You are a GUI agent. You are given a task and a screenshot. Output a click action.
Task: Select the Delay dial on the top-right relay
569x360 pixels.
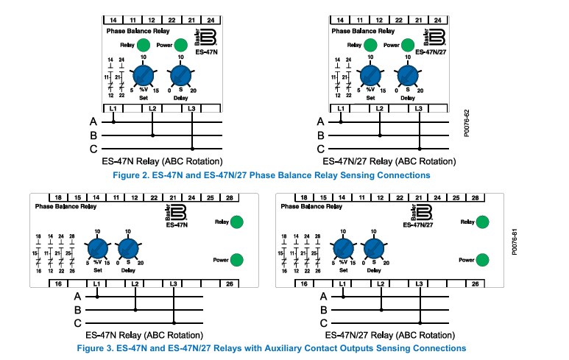(x=407, y=76)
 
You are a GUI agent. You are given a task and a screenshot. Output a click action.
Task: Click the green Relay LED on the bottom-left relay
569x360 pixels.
(x=237, y=222)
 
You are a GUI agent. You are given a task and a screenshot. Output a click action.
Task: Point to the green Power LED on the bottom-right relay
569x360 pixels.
(x=483, y=260)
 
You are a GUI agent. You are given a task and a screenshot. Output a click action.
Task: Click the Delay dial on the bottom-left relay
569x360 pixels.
(x=128, y=249)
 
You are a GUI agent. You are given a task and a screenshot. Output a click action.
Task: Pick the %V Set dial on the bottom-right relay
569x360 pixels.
(x=343, y=249)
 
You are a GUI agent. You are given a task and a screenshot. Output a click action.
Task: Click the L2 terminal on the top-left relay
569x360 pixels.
(x=152, y=109)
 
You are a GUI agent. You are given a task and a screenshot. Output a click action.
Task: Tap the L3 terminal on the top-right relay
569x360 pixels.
(x=419, y=109)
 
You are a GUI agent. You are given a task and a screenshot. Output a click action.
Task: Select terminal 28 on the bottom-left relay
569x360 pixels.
(x=229, y=197)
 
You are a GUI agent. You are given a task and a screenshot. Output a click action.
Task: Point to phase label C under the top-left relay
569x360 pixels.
(x=93, y=149)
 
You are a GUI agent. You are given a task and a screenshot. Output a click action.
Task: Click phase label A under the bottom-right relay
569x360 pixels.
(x=324, y=296)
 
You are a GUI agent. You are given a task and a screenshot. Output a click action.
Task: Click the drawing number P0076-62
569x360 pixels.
(x=467, y=126)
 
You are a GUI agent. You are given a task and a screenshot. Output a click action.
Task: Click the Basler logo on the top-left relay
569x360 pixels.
(x=205, y=37)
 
